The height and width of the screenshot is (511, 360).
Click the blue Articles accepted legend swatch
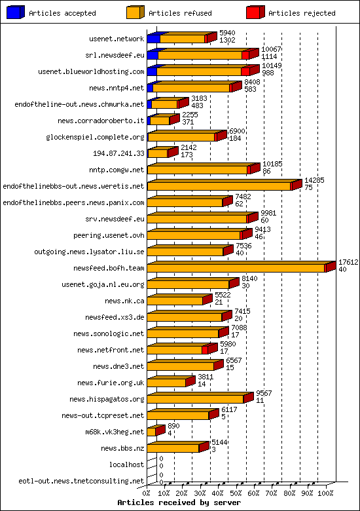coord(16,12)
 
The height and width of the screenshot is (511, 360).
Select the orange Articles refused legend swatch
coord(135,12)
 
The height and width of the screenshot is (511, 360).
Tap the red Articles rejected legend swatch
coord(255,12)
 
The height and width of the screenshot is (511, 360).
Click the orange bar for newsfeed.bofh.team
coord(236,268)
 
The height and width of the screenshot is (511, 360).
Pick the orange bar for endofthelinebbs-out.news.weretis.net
coord(219,186)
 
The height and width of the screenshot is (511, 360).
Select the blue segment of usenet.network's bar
coord(153,39)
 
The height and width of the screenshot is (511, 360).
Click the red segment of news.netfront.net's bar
coord(205,350)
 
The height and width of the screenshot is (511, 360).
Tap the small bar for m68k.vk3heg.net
coord(151,432)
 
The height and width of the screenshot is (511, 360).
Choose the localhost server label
coord(127,464)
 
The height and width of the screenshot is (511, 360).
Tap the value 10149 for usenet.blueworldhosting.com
coord(272,66)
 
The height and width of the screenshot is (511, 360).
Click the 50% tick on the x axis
coord(236,493)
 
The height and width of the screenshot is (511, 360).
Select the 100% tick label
coord(326,493)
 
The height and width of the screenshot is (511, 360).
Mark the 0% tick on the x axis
coord(147,493)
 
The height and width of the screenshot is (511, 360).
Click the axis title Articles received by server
coord(179,502)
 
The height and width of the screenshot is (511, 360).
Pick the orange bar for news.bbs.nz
coord(173,448)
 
